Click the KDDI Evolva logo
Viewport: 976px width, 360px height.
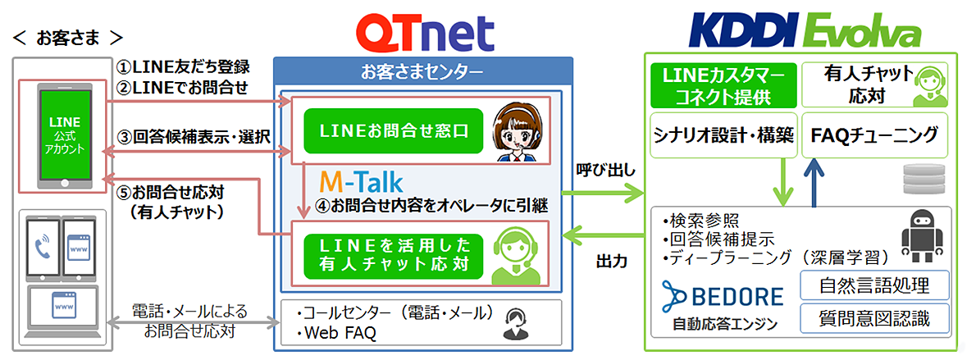(805, 32)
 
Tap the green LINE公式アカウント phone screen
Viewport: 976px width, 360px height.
(66, 134)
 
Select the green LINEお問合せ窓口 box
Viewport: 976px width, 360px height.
(394, 130)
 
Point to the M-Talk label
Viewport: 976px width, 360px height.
(361, 182)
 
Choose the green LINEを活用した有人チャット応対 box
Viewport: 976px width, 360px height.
(394, 255)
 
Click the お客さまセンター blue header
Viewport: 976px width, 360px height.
(422, 71)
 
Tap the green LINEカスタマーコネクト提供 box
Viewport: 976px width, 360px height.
(723, 84)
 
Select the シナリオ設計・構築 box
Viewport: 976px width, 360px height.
(723, 134)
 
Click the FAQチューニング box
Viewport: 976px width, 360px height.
(874, 134)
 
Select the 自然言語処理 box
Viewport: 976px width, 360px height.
(874, 285)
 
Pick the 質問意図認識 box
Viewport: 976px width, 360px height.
(874, 319)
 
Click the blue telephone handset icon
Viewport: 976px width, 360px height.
(42, 248)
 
